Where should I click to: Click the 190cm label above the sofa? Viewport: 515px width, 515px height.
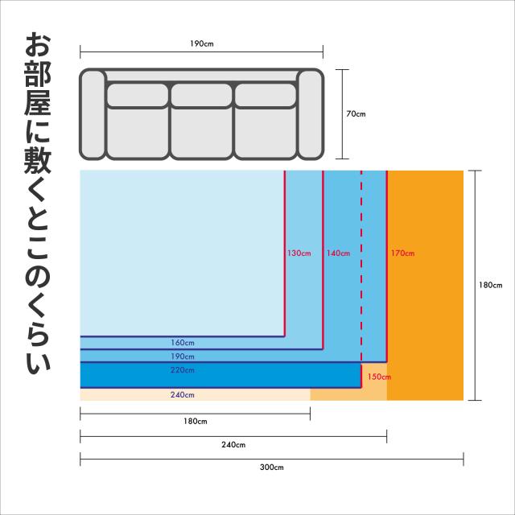tap(202, 43)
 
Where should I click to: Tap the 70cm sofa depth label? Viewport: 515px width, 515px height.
tap(356, 114)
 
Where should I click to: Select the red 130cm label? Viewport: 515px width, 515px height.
tap(299, 253)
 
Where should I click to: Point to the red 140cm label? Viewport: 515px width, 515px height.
tap(338, 253)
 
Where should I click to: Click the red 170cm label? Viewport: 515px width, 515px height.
tap(402, 253)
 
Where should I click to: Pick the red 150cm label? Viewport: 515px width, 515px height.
tap(379, 376)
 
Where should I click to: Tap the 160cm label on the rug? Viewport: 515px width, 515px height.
tap(183, 343)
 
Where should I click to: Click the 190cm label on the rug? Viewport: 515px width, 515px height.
tap(183, 356)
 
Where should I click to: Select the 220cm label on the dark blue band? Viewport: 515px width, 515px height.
tap(183, 370)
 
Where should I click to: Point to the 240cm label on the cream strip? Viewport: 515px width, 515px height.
tap(183, 395)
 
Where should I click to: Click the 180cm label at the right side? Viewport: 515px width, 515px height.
tap(490, 285)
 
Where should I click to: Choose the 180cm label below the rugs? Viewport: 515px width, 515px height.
tap(196, 422)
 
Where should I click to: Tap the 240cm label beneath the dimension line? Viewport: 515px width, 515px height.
tap(234, 444)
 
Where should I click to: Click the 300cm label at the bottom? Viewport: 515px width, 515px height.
tap(272, 467)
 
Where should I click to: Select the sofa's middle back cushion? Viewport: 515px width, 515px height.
tap(201, 95)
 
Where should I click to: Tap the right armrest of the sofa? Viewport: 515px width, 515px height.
tap(311, 114)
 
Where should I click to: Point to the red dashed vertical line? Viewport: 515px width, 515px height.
tap(361, 266)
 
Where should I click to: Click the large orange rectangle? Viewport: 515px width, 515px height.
tap(426, 286)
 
